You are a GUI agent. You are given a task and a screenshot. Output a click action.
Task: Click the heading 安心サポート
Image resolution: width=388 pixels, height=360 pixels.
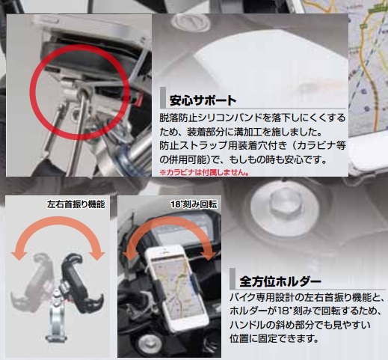click(203, 100)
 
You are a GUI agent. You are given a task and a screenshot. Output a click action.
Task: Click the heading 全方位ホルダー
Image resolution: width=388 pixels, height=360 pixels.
click(280, 281)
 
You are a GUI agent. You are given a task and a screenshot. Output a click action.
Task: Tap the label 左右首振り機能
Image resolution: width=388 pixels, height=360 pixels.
click(76, 204)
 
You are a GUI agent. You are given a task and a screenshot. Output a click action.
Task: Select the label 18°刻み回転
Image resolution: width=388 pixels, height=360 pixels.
click(194, 204)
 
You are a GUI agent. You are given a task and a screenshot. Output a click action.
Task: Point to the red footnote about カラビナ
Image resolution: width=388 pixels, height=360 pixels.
click(204, 172)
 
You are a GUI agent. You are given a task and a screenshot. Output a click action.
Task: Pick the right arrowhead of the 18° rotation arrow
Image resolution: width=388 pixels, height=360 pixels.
click(209, 257)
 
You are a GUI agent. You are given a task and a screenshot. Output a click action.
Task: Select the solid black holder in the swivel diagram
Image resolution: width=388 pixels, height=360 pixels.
click(79, 283)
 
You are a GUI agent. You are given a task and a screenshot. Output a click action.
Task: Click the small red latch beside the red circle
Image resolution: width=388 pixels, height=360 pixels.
click(138, 99)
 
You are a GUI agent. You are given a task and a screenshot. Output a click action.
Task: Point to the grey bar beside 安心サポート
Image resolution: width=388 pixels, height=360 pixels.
click(163, 97)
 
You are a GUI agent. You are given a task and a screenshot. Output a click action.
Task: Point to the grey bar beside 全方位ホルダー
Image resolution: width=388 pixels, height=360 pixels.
click(233, 279)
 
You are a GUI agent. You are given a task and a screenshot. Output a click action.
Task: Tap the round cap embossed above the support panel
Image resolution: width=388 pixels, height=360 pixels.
click(191, 24)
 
